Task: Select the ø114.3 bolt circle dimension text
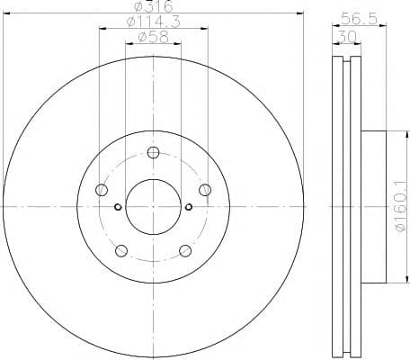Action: click(x=152, y=22)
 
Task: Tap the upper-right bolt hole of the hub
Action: click(x=204, y=189)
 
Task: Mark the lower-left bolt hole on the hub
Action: click(x=120, y=249)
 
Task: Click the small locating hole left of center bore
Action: click(x=118, y=207)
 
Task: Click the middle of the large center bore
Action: click(x=152, y=206)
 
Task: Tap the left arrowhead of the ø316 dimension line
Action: click(x=7, y=13)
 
